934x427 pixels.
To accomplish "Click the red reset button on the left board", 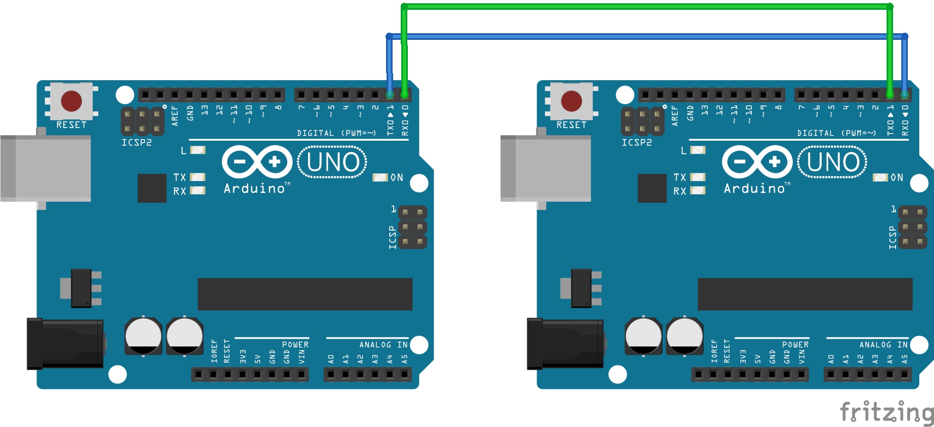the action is click(71, 101).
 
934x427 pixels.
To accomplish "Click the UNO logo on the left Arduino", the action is click(332, 162).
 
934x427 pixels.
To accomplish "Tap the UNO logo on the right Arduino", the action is click(833, 162).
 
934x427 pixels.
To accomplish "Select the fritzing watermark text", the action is click(886, 412).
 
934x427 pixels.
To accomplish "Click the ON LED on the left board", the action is click(380, 177).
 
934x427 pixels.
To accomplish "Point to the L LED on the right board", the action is click(698, 150).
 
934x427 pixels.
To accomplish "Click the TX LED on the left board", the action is click(197, 177).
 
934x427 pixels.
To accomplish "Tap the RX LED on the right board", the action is click(698, 190).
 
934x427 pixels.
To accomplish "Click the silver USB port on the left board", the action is click(45, 169).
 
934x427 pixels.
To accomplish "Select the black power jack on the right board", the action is click(565, 344).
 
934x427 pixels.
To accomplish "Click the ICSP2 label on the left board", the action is click(136, 143).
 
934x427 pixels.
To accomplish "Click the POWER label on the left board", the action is click(295, 345).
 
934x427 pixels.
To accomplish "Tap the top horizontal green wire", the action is click(647, 7).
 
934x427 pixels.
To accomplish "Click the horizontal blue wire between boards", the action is click(647, 37).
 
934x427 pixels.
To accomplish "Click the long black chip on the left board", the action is click(305, 294).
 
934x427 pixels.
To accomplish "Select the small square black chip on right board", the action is click(652, 189).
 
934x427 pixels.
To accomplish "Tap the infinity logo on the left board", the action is click(257, 162).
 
